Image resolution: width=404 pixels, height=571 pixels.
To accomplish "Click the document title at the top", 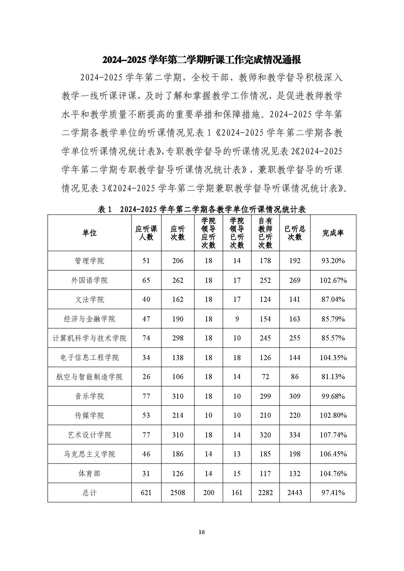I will coord(202,60).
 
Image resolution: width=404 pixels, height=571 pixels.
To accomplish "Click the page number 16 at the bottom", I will coord(202,532).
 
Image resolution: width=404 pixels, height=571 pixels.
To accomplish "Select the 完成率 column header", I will coord(333,233).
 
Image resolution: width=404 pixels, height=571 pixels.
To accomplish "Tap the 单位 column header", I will coord(90,233).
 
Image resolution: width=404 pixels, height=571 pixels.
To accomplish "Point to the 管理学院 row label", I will coord(90,261).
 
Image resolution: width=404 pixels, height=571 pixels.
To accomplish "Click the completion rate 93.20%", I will coord(333,261).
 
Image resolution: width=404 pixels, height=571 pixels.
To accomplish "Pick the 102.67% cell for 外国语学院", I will coord(333,280).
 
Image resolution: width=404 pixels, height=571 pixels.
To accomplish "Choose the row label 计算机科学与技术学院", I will coord(90,338).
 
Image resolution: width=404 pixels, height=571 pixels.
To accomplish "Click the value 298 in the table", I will coord(178,338).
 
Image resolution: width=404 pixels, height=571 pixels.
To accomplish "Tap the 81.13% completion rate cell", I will coord(333,377).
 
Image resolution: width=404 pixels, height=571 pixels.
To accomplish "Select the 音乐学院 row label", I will coord(90,396).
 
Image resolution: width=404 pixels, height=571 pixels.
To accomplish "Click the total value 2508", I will coord(178,493).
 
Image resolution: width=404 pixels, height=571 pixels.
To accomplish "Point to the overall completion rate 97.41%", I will coord(333,493).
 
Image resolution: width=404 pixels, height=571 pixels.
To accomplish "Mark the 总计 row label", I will coord(90,493).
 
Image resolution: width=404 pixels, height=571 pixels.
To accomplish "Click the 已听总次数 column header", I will coord(295,233).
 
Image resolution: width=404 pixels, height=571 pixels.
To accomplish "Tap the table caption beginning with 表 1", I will coord(202,210).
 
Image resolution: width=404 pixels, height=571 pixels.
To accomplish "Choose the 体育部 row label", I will coord(90,473).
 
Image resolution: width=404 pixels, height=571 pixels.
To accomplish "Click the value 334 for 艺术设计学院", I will coord(295,435).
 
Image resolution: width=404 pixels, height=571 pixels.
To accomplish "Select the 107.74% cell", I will coord(333,435).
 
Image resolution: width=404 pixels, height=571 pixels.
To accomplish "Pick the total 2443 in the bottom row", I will coord(295,493).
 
